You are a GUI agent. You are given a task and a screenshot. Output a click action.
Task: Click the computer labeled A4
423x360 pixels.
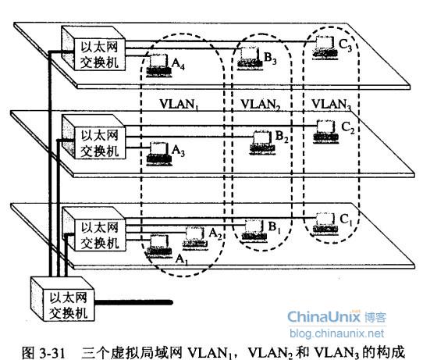click(x=158, y=66)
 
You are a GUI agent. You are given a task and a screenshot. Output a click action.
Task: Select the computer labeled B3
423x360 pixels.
click(x=250, y=59)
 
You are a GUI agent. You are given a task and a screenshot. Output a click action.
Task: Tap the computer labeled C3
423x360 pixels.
click(x=325, y=48)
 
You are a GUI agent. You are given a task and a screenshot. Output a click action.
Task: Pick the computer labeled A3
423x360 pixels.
click(x=159, y=153)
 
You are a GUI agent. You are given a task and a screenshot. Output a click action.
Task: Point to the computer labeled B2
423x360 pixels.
click(x=262, y=143)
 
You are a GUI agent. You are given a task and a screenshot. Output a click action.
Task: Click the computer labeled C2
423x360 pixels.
click(x=326, y=131)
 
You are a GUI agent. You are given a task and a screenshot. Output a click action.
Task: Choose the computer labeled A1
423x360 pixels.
click(x=158, y=246)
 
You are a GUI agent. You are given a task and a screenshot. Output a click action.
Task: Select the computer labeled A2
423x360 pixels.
click(x=195, y=238)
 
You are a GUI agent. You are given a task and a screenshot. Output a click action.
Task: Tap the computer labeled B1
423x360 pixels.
click(x=254, y=230)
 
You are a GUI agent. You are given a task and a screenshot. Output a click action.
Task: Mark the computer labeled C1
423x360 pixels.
click(x=325, y=223)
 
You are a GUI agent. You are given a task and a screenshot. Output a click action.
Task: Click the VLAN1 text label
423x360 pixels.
click(x=180, y=105)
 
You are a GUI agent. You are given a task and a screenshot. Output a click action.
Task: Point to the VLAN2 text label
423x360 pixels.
click(x=261, y=105)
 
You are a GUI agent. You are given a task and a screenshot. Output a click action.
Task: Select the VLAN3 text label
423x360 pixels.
click(x=332, y=105)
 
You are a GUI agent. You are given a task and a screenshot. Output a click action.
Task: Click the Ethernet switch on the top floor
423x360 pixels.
click(x=94, y=48)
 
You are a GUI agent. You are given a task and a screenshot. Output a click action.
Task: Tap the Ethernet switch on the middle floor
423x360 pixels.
click(x=94, y=137)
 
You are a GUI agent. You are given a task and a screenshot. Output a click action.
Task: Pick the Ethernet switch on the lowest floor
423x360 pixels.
click(x=94, y=229)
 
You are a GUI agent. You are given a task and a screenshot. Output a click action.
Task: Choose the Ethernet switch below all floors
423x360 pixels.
click(x=62, y=298)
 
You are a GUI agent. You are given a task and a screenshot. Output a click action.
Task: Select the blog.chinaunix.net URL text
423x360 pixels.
click(x=336, y=333)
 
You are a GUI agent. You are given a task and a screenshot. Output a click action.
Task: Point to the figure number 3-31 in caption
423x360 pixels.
click(x=52, y=352)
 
